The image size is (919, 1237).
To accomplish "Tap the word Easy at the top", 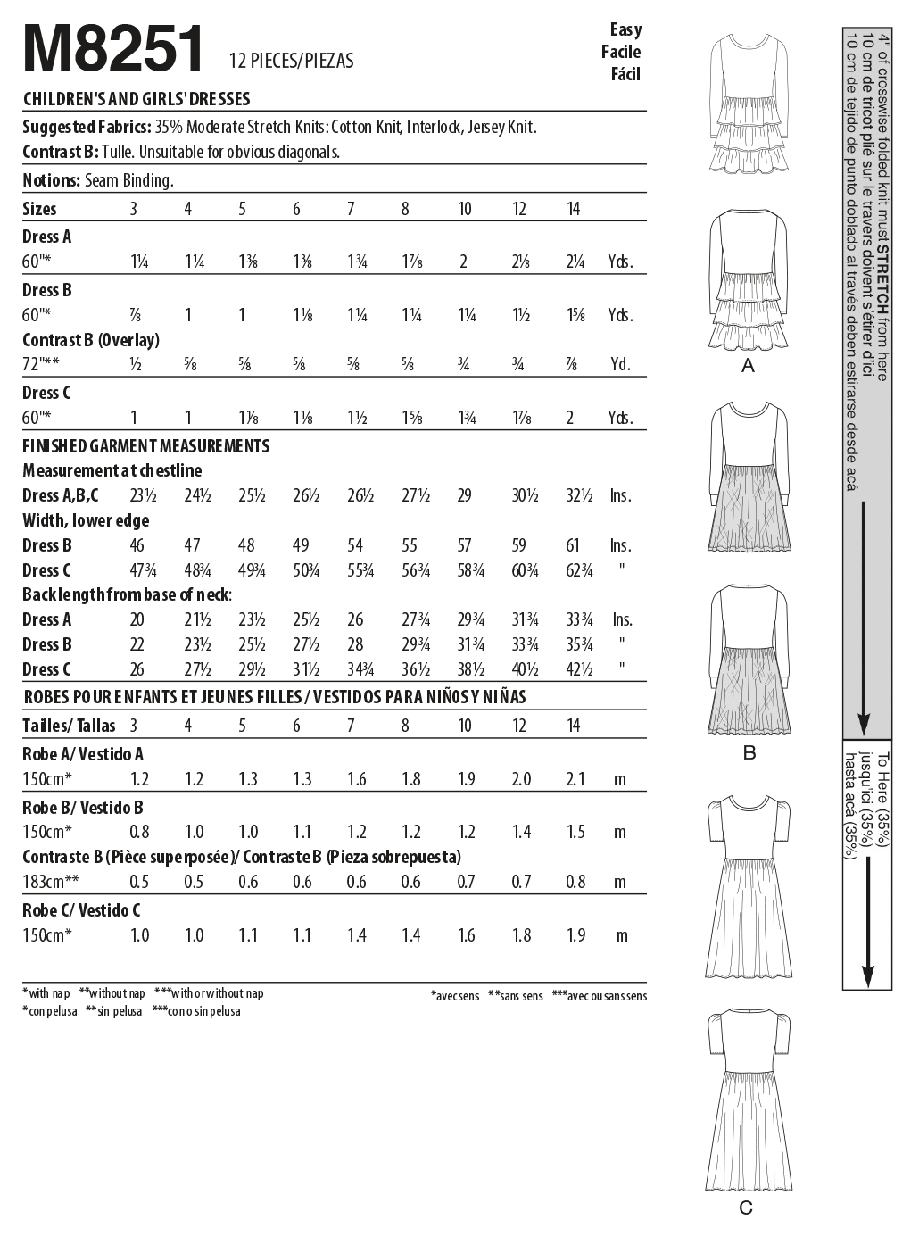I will (x=625, y=29).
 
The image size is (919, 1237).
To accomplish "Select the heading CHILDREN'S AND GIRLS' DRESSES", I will (x=137, y=99).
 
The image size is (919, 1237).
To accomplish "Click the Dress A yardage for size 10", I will (x=464, y=262).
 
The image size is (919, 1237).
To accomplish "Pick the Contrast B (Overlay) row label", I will (x=91, y=340).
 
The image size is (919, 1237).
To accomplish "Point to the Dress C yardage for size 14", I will (x=570, y=419).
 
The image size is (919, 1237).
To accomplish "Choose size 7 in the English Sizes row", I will (x=351, y=209).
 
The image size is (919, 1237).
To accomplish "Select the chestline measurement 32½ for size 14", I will (x=579, y=495).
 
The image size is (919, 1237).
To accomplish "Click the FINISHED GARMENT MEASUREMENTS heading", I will (x=145, y=445).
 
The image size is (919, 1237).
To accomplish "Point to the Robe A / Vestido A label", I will (x=83, y=754).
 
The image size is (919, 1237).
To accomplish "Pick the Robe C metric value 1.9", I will (x=575, y=935).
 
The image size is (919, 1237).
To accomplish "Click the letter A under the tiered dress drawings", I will (x=748, y=366).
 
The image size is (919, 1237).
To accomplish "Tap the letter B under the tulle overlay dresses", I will (x=749, y=752).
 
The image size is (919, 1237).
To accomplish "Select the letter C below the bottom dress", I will (x=746, y=1208).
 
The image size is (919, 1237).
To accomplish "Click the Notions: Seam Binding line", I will (x=97, y=180).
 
